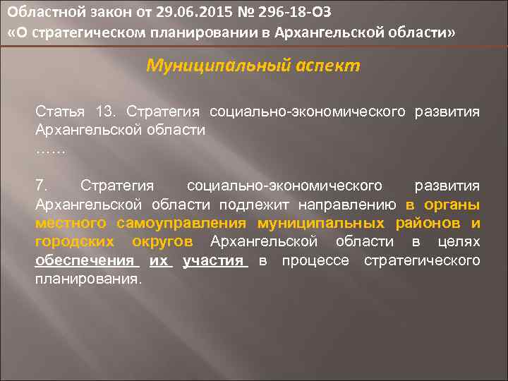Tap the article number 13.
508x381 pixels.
tap(107, 111)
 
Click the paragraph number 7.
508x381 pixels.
tap(42, 186)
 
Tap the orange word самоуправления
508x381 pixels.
tap(176, 224)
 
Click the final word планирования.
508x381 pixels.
tap(88, 279)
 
